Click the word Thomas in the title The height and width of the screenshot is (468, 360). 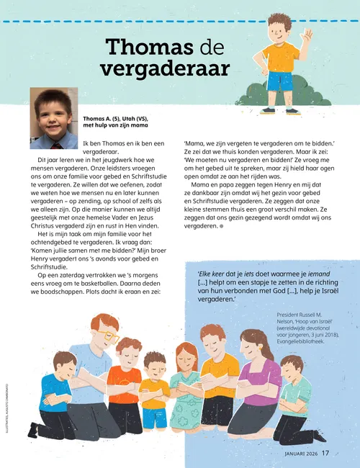point(148,48)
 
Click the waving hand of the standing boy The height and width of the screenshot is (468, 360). point(307,35)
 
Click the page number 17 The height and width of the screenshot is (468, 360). point(325,453)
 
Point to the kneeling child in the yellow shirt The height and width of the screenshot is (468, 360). point(154,392)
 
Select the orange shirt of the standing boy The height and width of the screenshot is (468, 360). point(280,56)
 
